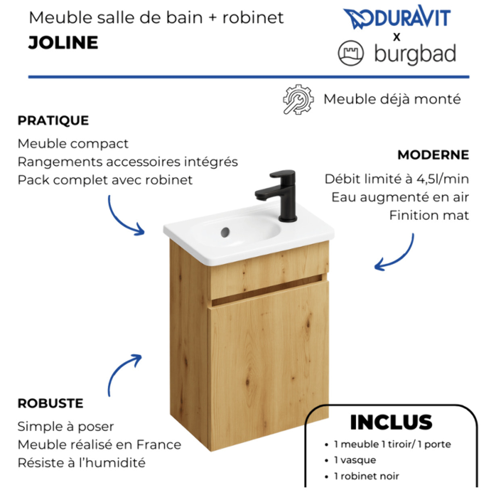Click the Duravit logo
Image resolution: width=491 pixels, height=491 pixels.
pyautogui.click(x=397, y=18)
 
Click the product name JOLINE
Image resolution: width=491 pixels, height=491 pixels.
pyautogui.click(x=63, y=43)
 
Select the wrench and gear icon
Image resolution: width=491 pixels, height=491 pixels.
pyautogui.click(x=298, y=99)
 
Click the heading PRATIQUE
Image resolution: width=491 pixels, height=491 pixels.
pyautogui.click(x=53, y=121)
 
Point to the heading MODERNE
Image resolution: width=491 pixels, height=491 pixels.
pyautogui.click(x=433, y=155)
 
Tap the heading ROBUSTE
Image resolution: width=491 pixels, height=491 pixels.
pyautogui.click(x=50, y=403)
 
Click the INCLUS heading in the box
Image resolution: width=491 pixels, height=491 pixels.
pyautogui.click(x=391, y=422)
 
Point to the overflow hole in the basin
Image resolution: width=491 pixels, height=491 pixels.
pyautogui.click(x=225, y=232)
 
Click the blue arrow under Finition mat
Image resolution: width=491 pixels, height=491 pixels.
pyautogui.click(x=395, y=254)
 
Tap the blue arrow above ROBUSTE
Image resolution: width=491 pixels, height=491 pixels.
pyautogui.click(x=123, y=373)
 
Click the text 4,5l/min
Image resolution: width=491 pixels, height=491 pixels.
pyautogui.click(x=442, y=179)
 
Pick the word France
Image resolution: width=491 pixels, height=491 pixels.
pyautogui.click(x=158, y=444)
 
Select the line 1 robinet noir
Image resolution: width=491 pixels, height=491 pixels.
pyautogui.click(x=366, y=476)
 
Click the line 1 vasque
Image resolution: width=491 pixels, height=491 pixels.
pyautogui.click(x=355, y=460)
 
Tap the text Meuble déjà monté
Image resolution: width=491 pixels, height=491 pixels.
pyautogui.click(x=392, y=99)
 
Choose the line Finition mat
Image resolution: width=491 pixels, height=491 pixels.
pyautogui.click(x=429, y=215)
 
